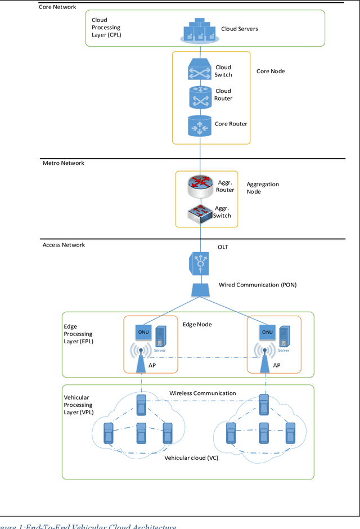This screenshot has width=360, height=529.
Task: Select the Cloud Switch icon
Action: click(x=199, y=70)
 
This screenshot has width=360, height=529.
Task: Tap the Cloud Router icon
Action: click(x=199, y=96)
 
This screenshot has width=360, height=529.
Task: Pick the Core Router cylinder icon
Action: click(x=199, y=125)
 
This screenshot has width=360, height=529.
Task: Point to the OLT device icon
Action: click(x=199, y=262)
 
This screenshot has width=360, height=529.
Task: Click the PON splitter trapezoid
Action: click(x=200, y=290)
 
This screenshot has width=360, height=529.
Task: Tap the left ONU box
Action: click(x=142, y=332)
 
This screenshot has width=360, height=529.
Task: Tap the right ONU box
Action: click(x=267, y=332)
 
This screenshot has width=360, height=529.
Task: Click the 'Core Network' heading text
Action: click(x=57, y=7)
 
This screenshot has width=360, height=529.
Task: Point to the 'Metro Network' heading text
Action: click(x=64, y=163)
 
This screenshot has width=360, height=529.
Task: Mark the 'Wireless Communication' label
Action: click(x=202, y=393)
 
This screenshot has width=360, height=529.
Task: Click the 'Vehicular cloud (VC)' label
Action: click(x=191, y=458)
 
